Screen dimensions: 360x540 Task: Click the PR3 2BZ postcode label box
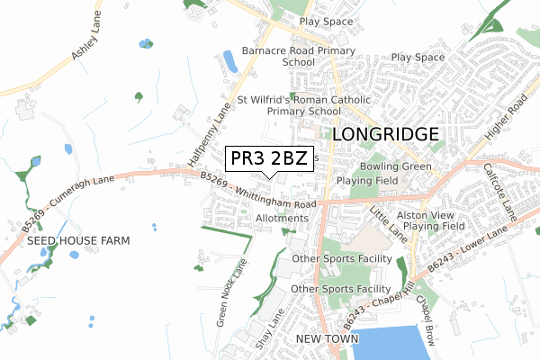[267, 159]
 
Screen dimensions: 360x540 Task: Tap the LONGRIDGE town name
[386, 134]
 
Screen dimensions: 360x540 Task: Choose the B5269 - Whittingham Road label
[258, 193]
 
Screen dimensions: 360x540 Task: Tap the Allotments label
[283, 219]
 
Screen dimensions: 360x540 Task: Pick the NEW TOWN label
[328, 338]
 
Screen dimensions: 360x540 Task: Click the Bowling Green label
[397, 166]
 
